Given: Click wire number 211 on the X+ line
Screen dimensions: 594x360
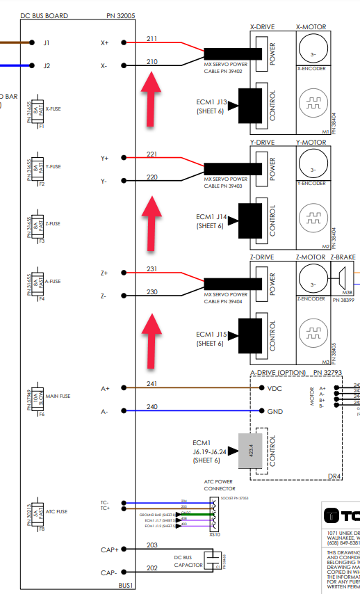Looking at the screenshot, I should click(153, 38).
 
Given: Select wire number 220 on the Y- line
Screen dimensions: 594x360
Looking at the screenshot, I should click(153, 177).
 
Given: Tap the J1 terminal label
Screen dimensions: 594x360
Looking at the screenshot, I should click(47, 42).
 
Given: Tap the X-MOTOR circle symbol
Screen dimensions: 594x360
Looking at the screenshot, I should click(312, 50).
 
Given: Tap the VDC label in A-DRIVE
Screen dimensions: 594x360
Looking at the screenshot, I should click(275, 388).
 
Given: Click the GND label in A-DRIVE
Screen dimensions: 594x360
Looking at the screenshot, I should click(275, 411).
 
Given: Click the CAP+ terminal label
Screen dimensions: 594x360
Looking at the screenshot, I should click(108, 550).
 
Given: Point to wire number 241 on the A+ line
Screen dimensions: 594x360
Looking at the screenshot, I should click(153, 383).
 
